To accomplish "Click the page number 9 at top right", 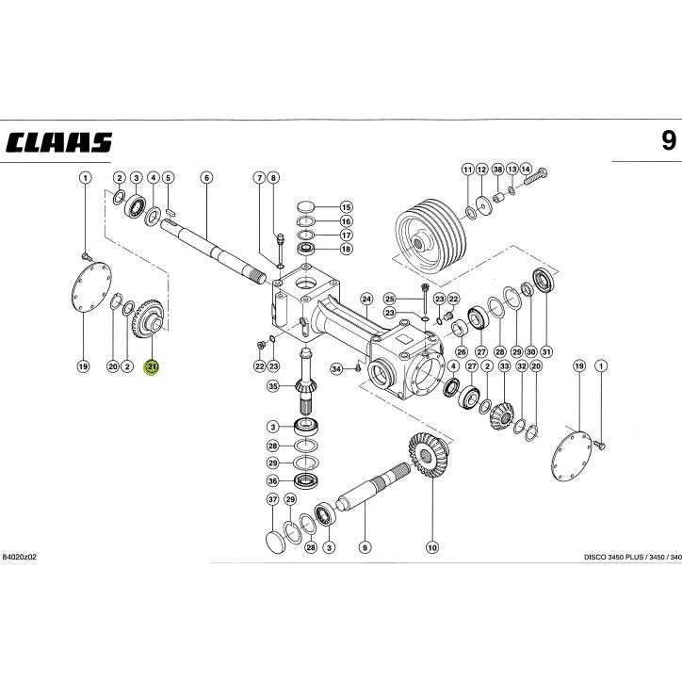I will [667, 141].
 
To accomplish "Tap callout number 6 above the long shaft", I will [206, 177].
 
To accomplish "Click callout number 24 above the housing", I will [367, 298].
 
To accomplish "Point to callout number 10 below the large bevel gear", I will [432, 545].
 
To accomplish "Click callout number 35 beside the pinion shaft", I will [273, 386].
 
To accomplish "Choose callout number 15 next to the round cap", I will [346, 206].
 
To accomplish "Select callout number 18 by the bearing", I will [346, 250].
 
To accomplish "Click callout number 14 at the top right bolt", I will [526, 169].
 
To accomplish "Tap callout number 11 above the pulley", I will [468, 169].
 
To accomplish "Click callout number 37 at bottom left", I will [273, 499].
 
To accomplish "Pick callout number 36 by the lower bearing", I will [273, 480].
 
